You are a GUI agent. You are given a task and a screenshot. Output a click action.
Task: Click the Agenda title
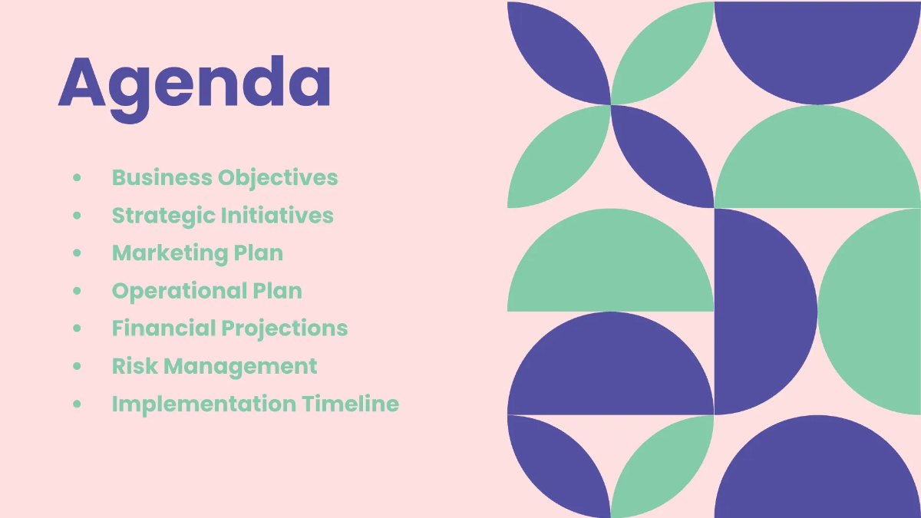coord(195,83)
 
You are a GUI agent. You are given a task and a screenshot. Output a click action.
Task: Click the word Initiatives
coord(277,215)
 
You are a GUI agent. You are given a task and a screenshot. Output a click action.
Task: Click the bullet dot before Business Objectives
coord(77,177)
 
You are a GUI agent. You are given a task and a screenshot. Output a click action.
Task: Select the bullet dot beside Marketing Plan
coord(77,252)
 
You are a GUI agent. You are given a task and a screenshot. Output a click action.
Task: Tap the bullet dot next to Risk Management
coord(77,366)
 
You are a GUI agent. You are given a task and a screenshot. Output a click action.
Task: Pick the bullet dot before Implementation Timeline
coord(77,404)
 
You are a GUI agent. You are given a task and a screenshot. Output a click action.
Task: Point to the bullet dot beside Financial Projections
coord(77,328)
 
